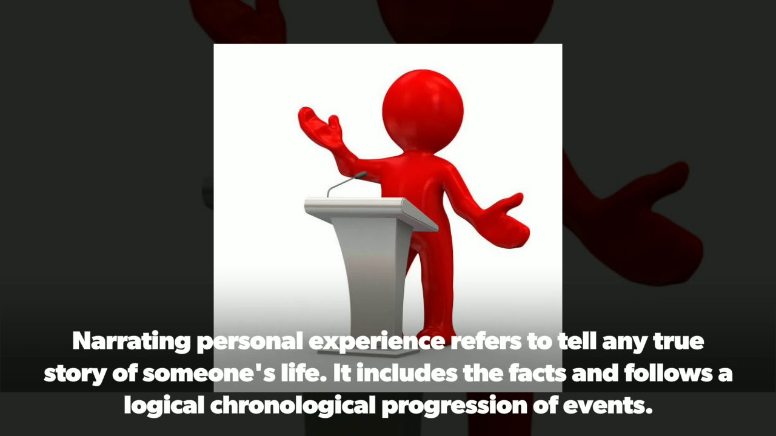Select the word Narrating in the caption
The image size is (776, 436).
coord(131,342)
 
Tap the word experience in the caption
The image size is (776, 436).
coord(377,342)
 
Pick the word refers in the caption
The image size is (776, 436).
coord(483,342)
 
